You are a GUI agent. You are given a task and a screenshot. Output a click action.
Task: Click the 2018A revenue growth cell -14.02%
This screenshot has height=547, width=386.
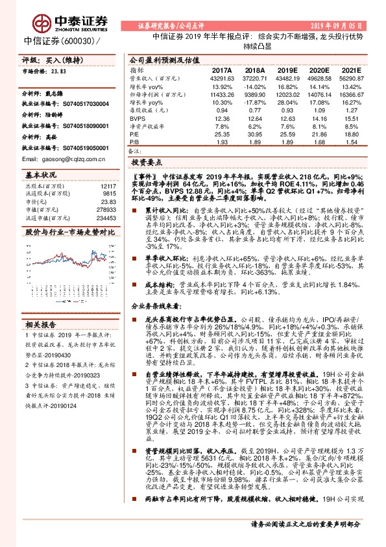coord(255,86)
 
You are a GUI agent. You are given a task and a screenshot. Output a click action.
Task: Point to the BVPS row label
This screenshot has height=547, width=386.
coord(137,119)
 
